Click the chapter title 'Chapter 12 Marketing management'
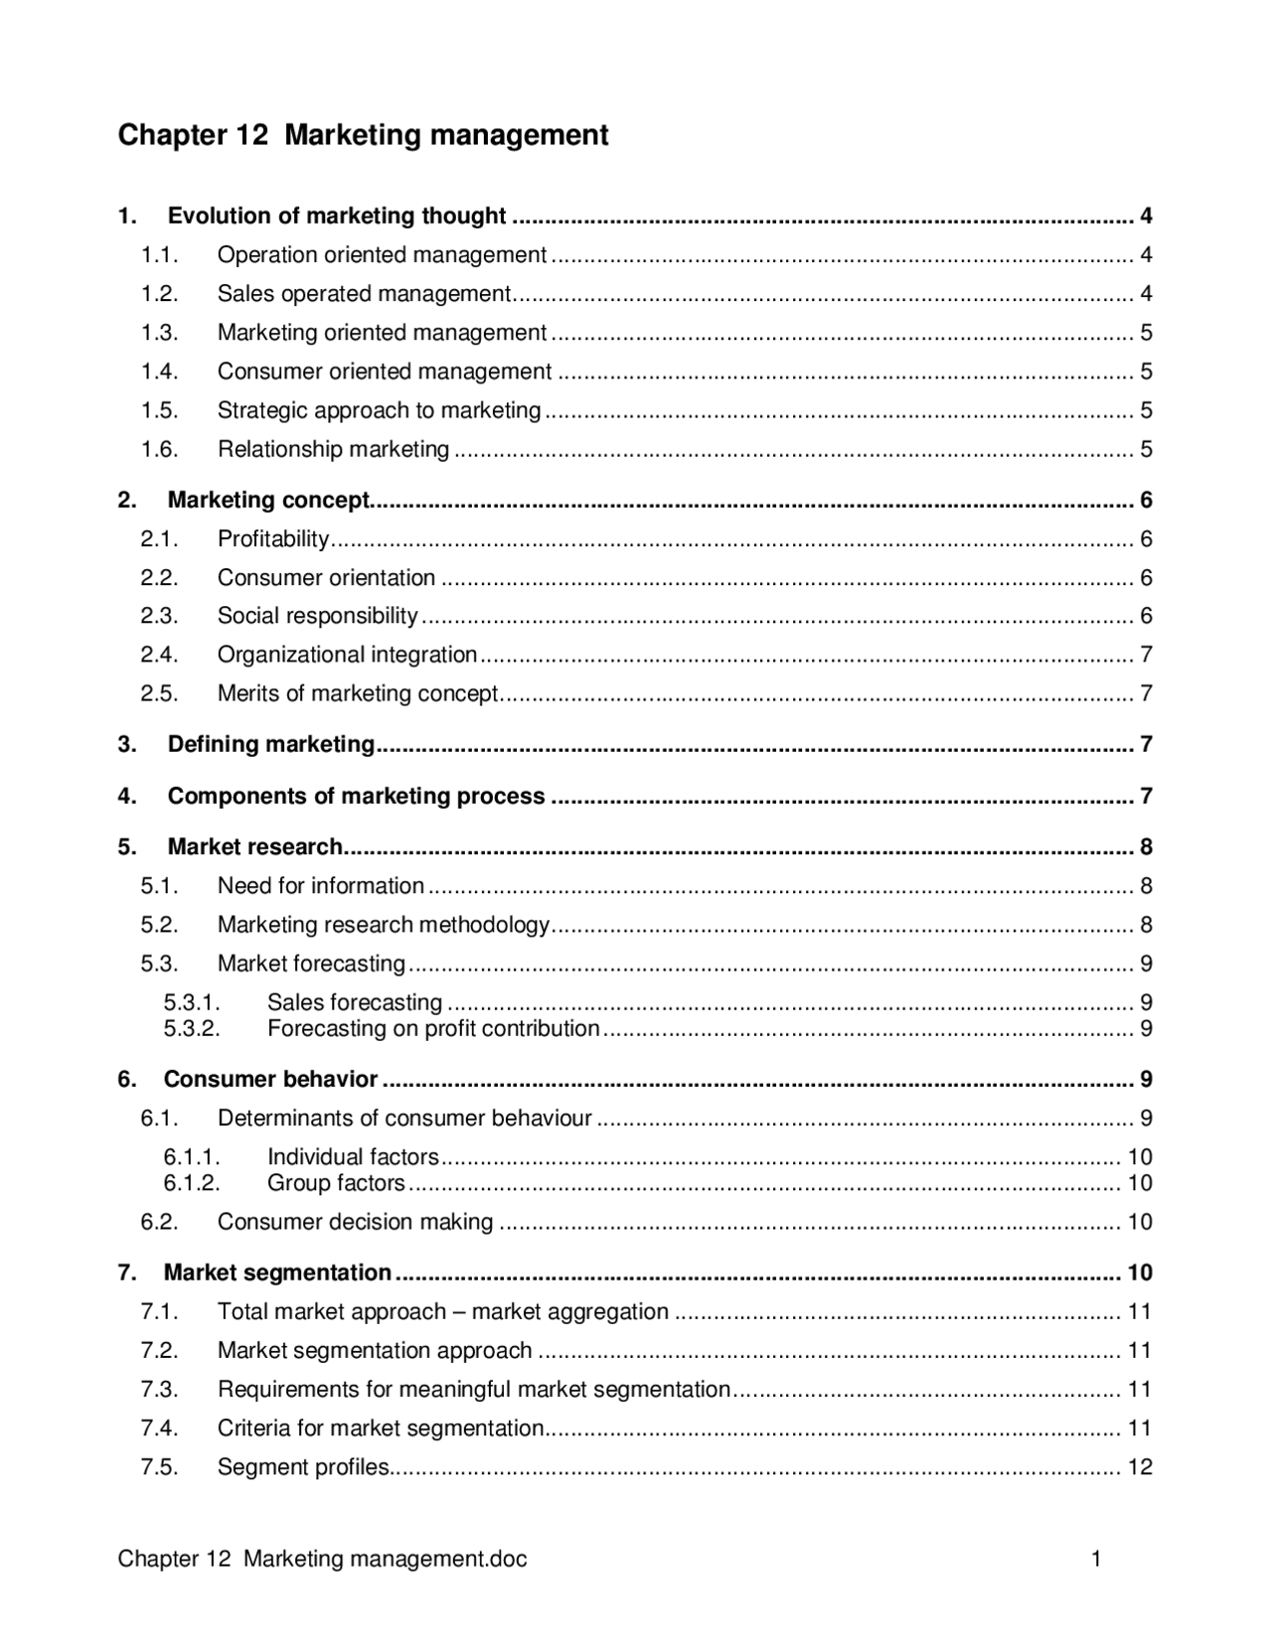tap(363, 135)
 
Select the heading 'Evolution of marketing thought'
tap(337, 217)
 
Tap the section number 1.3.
tap(159, 333)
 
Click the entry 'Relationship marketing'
tap(333, 450)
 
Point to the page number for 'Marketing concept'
tap(1146, 501)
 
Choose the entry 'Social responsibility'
tap(317, 616)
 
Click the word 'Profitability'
tap(273, 539)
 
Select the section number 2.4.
tap(159, 655)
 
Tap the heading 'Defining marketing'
tap(270, 745)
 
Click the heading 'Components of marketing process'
tap(356, 797)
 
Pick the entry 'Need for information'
tap(320, 886)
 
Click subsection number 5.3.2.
tap(192, 1029)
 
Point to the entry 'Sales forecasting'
tap(354, 1003)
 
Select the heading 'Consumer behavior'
tap(270, 1080)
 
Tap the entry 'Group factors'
tap(336, 1183)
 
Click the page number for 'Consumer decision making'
tap(1140, 1222)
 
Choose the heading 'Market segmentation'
tap(277, 1273)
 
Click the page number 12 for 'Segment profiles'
tap(1140, 1467)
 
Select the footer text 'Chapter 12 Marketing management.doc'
tap(322, 1560)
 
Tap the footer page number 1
tap(1096, 1560)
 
